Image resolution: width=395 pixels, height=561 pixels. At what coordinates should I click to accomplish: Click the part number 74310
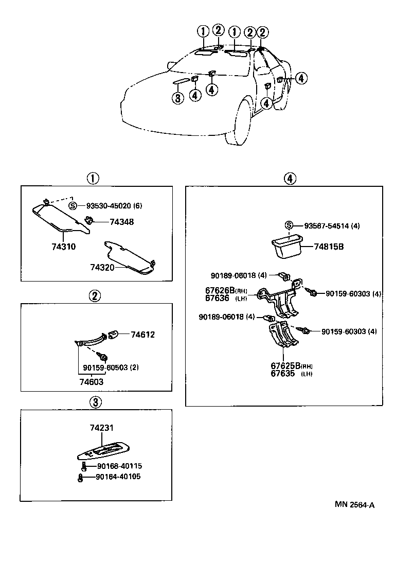(x=63, y=247)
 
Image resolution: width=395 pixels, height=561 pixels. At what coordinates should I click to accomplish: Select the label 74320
(x=102, y=267)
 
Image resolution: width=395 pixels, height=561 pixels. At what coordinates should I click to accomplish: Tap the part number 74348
(x=121, y=222)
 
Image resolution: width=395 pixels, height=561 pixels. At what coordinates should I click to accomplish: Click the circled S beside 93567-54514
(x=289, y=225)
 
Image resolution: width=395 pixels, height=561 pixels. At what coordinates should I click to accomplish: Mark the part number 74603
(x=91, y=381)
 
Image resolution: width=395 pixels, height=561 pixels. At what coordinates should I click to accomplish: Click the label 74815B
(x=329, y=247)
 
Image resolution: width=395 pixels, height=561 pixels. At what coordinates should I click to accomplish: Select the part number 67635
(x=283, y=374)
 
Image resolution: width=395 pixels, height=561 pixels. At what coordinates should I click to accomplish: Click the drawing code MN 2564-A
(x=354, y=505)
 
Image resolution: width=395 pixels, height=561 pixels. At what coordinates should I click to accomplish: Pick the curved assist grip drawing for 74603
(x=93, y=340)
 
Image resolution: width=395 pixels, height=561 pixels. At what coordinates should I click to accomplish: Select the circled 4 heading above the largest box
(x=290, y=179)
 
